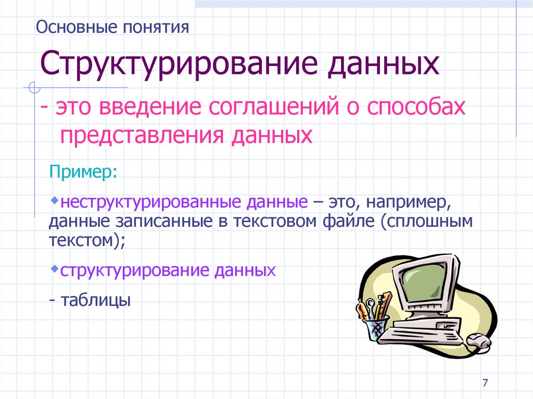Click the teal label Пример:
click(83, 171)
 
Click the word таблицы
click(96, 300)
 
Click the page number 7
click(485, 383)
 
